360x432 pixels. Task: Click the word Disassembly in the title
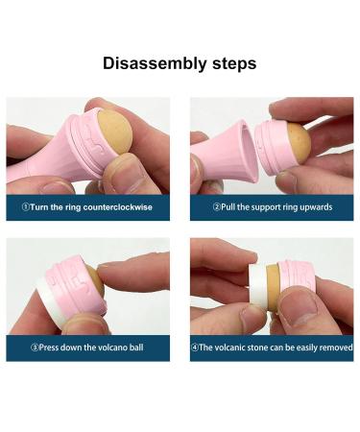pos(155,63)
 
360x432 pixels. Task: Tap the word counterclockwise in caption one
pos(118,207)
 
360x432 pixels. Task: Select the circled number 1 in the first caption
pos(26,207)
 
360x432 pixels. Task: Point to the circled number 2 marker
pos(217,207)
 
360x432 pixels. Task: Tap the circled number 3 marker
pos(35,348)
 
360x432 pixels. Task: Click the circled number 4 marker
pos(194,348)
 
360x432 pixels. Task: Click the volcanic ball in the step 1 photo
pos(114,131)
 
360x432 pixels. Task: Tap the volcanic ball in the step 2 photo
pos(299,140)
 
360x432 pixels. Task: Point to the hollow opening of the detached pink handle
pos(250,150)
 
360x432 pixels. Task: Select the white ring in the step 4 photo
pos(258,284)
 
